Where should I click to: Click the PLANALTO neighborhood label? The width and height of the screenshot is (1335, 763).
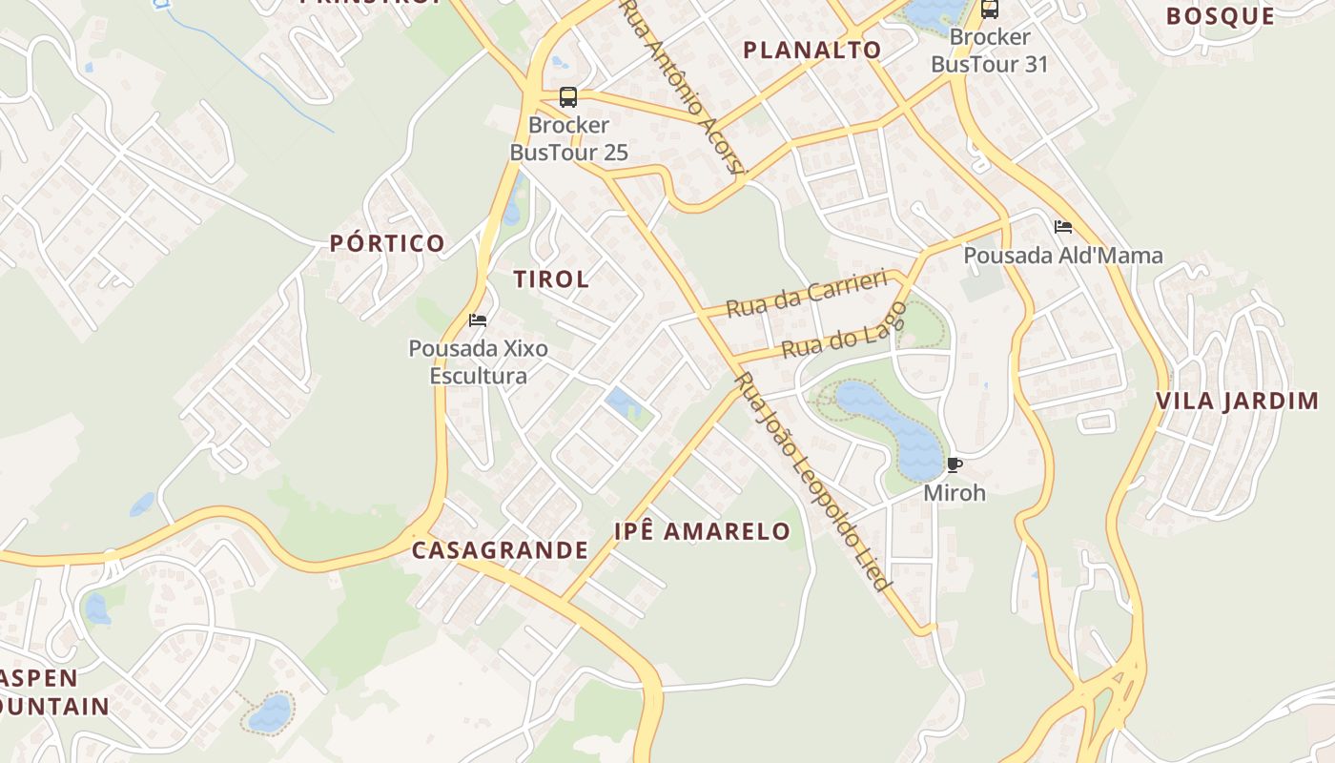tap(811, 51)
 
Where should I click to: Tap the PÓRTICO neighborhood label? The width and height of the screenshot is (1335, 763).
tap(387, 243)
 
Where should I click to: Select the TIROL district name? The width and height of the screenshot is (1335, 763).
tap(551, 279)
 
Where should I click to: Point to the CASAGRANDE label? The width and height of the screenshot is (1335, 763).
tap(500, 550)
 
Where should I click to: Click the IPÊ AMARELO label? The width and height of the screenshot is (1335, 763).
tap(702, 532)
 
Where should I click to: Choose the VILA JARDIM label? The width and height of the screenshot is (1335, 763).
tap(1237, 402)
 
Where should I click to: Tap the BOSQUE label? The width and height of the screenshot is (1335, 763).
tap(1220, 16)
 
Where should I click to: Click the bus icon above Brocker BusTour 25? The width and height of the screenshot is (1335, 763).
tap(568, 97)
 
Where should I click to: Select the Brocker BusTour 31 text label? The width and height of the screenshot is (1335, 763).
tap(989, 52)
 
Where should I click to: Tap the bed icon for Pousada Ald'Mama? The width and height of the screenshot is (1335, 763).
tap(1063, 227)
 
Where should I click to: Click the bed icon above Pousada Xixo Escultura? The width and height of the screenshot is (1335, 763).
tap(478, 320)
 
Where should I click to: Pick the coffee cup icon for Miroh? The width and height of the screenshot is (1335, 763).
tap(954, 465)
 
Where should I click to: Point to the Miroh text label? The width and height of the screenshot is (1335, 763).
tap(954, 493)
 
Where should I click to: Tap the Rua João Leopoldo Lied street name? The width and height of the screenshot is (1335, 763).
tap(813, 482)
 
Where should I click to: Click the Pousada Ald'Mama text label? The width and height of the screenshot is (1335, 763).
tap(1062, 256)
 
